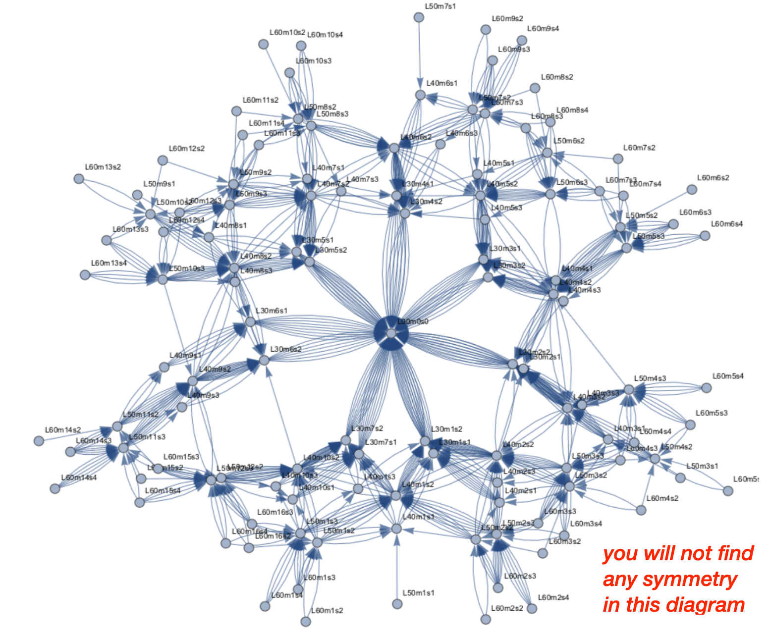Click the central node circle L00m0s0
[391, 333]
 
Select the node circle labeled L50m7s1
[419, 18]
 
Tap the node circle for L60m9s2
[486, 30]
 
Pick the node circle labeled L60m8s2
[535, 88]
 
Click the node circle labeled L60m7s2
[617, 159]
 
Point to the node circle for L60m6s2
[692, 189]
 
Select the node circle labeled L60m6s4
[705, 235]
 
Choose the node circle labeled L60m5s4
[707, 388]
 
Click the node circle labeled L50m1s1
[397, 604]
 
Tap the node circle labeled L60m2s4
[532, 608]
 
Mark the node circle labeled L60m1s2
[306, 621]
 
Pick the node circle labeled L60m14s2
[39, 440]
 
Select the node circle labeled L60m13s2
[79, 179]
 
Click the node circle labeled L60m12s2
[163, 160]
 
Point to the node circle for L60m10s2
[264, 44]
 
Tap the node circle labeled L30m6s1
[250, 322]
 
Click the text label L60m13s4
[109, 263]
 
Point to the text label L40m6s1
[441, 83]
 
